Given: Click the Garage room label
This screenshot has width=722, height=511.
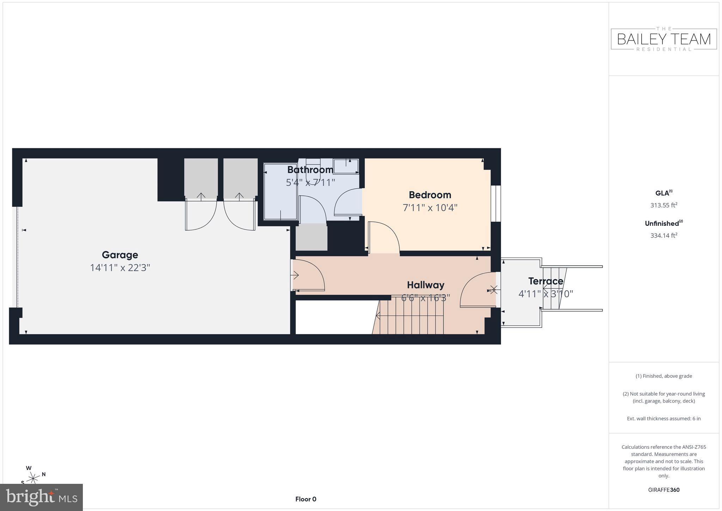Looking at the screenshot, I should [120, 255].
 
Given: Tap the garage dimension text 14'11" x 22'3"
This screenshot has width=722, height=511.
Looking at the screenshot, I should [120, 268].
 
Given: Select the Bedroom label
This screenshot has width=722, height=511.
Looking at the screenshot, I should [430, 195].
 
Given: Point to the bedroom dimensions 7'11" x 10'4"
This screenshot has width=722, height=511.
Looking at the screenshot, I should [430, 208].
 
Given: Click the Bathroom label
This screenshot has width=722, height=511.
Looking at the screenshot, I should [310, 170].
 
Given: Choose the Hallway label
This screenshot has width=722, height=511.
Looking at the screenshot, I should [426, 285].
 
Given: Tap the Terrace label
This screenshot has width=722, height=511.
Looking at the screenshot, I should [545, 281].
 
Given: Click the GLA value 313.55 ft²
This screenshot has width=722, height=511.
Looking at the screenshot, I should [663, 205].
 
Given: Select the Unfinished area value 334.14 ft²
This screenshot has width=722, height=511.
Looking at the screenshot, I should [663, 235].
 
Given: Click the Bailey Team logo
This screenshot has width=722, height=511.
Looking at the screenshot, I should [663, 39].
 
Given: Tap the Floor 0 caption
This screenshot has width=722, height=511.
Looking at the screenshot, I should [306, 499].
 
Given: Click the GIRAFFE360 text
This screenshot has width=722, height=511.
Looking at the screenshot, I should [663, 490].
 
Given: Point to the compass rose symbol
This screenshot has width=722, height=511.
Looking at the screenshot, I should [33, 478].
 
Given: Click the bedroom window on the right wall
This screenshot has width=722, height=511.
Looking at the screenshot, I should [496, 204].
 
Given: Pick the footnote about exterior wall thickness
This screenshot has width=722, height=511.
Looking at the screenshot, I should [663, 419].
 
